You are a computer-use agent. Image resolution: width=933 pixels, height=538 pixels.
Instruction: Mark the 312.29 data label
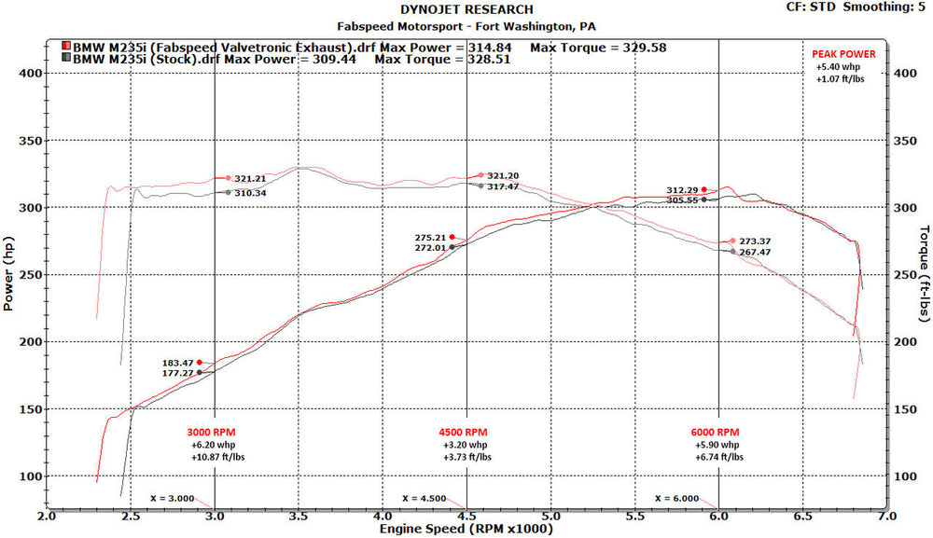(x=682, y=190)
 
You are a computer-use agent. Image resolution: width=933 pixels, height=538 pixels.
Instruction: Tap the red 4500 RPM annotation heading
(x=463, y=433)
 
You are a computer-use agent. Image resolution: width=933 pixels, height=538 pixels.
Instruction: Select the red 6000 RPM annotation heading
(x=716, y=433)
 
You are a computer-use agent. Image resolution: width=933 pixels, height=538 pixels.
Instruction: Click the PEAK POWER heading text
(x=843, y=54)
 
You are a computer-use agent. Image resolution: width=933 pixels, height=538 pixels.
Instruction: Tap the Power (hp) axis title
(x=9, y=271)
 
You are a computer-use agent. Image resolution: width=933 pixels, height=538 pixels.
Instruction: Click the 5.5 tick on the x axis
(x=634, y=515)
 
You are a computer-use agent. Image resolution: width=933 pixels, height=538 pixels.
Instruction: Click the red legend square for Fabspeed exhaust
(x=66, y=46)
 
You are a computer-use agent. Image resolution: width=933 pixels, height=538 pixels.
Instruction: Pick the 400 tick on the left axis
(x=31, y=74)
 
